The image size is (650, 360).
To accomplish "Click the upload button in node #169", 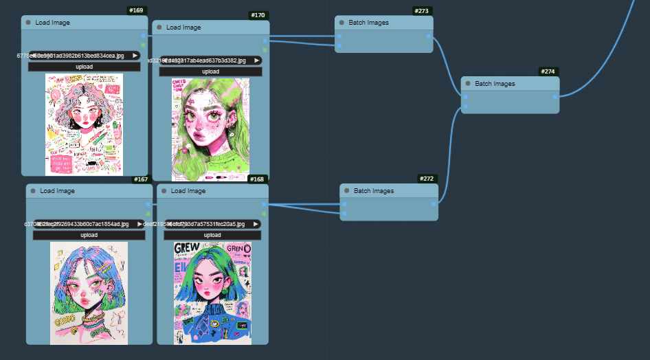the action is (85, 67).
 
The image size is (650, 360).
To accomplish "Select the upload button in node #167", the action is (89, 235).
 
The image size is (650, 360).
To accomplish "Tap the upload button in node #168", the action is (212, 235).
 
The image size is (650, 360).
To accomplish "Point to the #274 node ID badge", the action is (548, 71).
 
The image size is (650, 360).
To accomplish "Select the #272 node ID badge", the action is (427, 179).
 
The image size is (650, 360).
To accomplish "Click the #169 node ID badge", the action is (137, 10).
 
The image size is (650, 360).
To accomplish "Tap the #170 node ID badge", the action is (258, 15).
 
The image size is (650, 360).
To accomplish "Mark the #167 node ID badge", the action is (141, 179).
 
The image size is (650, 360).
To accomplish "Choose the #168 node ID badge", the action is (257, 179).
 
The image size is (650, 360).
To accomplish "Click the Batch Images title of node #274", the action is (495, 84).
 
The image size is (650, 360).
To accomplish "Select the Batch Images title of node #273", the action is (368, 23).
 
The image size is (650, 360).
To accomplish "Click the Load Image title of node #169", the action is (52, 23).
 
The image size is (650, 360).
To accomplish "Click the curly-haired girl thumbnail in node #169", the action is (85, 124).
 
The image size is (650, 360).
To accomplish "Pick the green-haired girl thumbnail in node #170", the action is (210, 128).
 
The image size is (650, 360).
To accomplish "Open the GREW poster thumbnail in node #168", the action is (212, 293).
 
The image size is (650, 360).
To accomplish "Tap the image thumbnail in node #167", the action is (89, 293).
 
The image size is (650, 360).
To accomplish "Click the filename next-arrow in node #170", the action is (257, 60).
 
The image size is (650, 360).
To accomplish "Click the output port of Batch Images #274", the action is (555, 96).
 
